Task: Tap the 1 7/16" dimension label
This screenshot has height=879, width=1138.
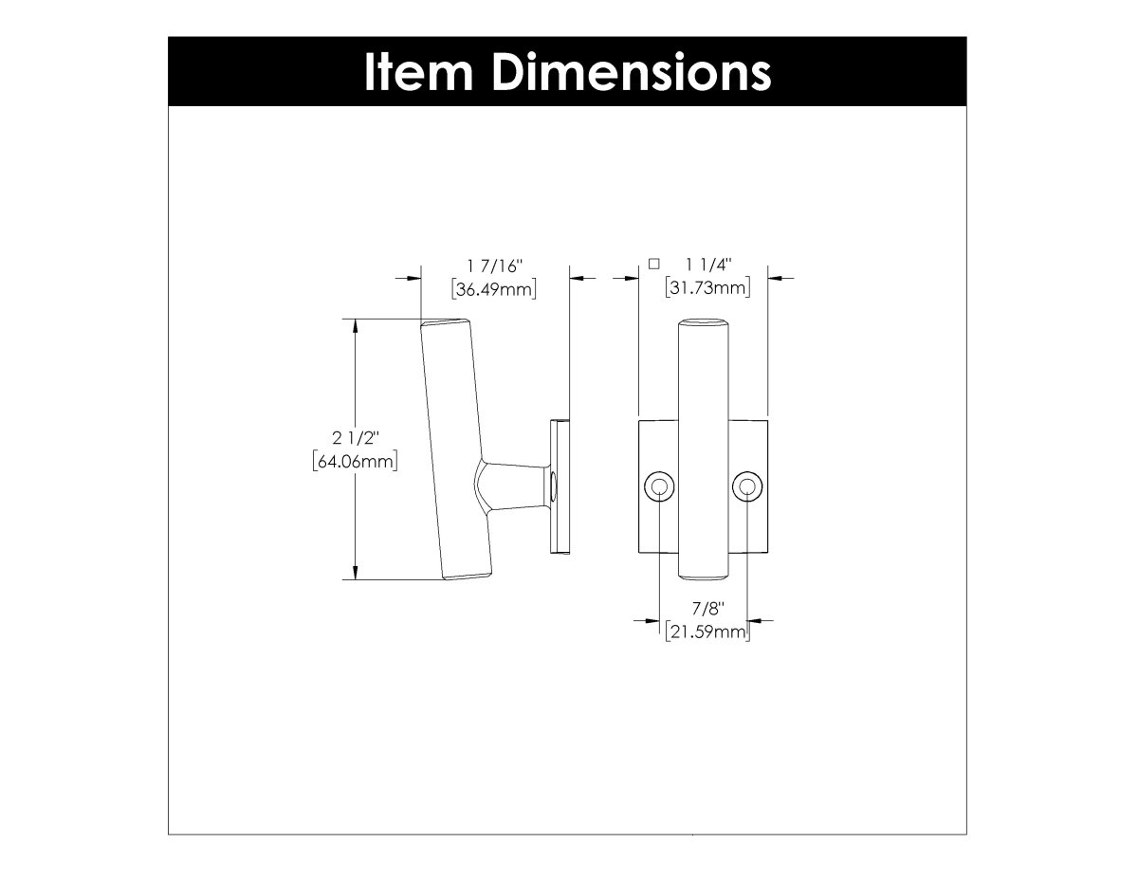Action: [x=494, y=266]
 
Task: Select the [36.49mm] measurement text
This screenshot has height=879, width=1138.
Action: [x=494, y=289]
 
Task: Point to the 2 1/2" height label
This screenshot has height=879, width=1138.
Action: [x=355, y=438]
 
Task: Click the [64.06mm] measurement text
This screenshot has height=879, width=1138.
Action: [x=354, y=462]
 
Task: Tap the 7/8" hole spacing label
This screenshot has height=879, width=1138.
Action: [x=703, y=609]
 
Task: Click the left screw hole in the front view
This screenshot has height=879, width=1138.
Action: [x=659, y=487]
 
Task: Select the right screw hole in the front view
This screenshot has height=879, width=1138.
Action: [x=746, y=487]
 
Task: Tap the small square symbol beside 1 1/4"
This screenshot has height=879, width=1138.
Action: [x=652, y=264]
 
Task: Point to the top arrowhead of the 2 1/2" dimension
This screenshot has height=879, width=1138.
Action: [x=355, y=326]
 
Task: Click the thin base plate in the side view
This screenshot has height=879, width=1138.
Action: [x=560, y=487]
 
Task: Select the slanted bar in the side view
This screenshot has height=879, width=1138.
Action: [x=455, y=446]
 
